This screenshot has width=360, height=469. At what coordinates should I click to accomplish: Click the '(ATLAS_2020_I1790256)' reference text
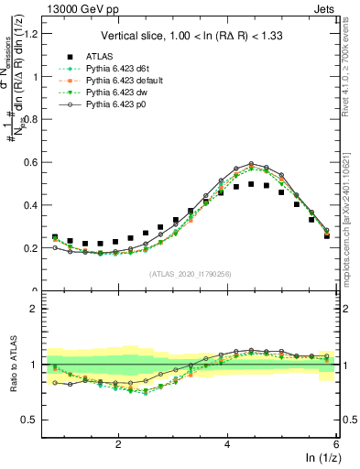coord(191,275)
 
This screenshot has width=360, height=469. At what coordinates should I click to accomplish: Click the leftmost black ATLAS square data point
coord(55,237)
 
